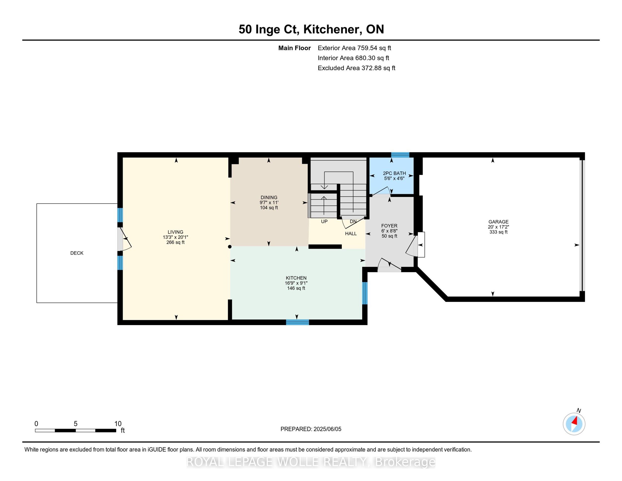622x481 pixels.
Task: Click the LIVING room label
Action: (x=175, y=232)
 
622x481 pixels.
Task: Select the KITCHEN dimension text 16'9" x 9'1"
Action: (x=296, y=283)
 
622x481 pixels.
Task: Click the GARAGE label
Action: (x=498, y=222)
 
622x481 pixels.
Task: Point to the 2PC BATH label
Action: (x=394, y=173)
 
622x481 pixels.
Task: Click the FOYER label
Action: (x=389, y=226)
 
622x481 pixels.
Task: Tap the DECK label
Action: (x=77, y=253)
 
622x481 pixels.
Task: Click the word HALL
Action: (x=351, y=233)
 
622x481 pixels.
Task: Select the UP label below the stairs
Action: (x=324, y=221)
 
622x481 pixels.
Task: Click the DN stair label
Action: (x=353, y=221)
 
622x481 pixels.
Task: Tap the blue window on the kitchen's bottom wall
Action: (x=297, y=322)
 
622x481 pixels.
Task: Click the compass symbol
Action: (x=574, y=424)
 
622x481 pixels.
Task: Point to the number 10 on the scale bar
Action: (x=118, y=424)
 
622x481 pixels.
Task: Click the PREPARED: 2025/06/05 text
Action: (x=311, y=429)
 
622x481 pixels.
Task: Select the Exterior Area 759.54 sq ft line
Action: (x=354, y=48)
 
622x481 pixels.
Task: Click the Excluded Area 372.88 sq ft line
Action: (x=356, y=68)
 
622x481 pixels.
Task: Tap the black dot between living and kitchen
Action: (x=230, y=247)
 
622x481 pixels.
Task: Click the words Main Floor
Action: (x=294, y=48)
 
